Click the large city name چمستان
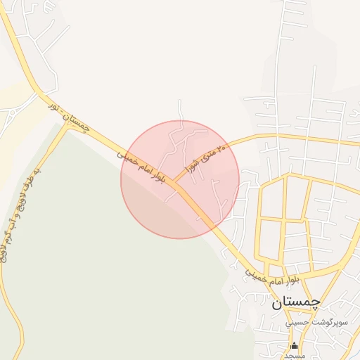pos(295,302)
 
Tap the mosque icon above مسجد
pos(295,346)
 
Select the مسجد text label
pos(295,355)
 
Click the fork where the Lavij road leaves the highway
pos(65,129)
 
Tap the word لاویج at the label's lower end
pos(8,247)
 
